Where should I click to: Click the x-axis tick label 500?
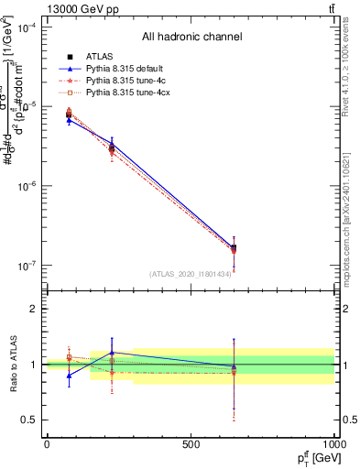click(x=191, y=443)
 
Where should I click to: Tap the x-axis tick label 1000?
click(x=333, y=443)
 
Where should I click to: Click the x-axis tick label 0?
click(x=47, y=443)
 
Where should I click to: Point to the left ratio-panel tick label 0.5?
click(x=30, y=420)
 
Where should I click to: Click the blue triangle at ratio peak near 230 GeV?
click(x=112, y=352)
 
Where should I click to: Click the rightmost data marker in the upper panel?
click(x=234, y=248)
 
